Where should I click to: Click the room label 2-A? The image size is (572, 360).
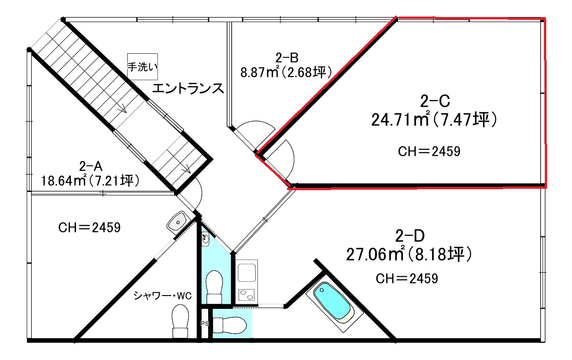pyautogui.click(x=91, y=167)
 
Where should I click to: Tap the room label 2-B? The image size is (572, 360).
pyautogui.click(x=287, y=58)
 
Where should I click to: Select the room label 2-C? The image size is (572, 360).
pyautogui.click(x=435, y=101)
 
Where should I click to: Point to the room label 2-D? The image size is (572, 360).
pyautogui.click(x=410, y=236)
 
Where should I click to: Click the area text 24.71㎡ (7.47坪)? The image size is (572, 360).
pyautogui.click(x=434, y=120)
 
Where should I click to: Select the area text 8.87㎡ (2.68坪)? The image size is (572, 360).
pyautogui.click(x=286, y=72)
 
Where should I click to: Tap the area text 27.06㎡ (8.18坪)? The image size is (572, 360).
pyautogui.click(x=409, y=254)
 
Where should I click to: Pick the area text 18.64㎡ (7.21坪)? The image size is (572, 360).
pyautogui.click(x=90, y=181)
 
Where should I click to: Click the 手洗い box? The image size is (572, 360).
pyautogui.click(x=142, y=67)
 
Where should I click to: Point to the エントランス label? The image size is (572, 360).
pyautogui.click(x=188, y=88)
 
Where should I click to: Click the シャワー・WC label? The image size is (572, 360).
pyautogui.click(x=163, y=296)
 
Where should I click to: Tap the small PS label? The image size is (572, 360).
pyautogui.click(x=204, y=324)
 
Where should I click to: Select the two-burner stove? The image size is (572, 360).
pyautogui.click(x=246, y=295)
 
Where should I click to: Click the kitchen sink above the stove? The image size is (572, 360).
pyautogui.click(x=247, y=273)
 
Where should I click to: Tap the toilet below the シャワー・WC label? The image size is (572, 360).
pyautogui.click(x=180, y=321)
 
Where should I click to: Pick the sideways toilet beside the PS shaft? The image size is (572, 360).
pyautogui.click(x=229, y=325)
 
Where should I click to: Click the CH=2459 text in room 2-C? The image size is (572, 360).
pyautogui.click(x=429, y=151)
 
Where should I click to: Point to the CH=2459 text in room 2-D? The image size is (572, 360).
pyautogui.click(x=407, y=279)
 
